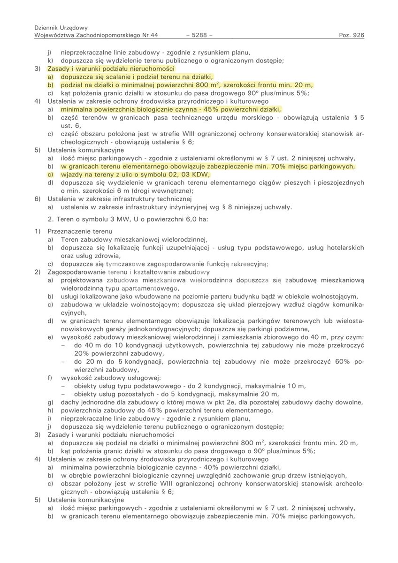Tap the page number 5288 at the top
pos(199,35)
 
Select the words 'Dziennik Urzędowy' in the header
pos(61,28)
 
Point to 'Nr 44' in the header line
pos(150,35)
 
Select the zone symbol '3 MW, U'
pos(114,219)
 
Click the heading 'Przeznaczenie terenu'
pos(80,231)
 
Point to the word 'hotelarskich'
pos(344,248)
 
